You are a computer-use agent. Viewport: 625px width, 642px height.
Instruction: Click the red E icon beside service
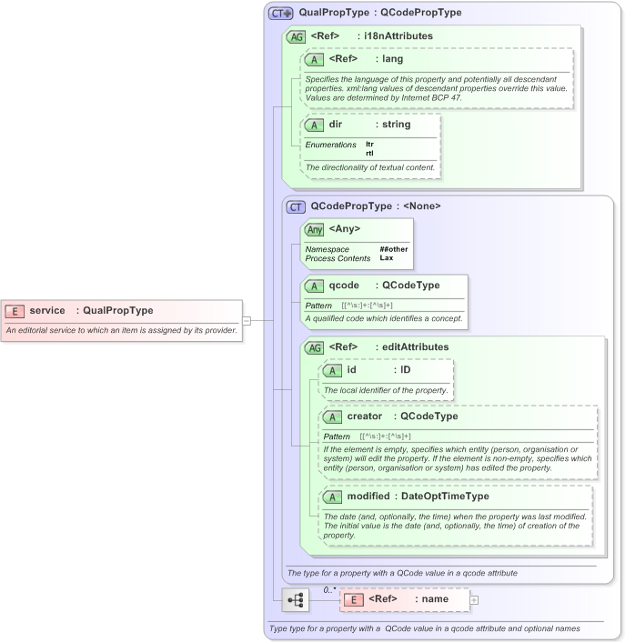15,311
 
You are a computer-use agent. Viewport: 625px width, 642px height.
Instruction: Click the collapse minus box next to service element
246,320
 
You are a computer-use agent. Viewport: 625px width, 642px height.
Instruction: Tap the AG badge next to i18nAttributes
296,37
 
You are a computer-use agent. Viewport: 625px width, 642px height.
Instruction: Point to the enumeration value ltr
369,144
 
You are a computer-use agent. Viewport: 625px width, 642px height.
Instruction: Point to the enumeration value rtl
369,153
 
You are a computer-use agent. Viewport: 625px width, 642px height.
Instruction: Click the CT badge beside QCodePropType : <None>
296,206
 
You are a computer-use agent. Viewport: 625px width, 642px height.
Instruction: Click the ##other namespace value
392,248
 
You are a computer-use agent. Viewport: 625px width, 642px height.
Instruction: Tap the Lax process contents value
386,258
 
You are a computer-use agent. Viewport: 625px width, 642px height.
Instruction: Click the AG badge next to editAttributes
314,347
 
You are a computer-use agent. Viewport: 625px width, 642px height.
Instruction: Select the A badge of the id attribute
333,370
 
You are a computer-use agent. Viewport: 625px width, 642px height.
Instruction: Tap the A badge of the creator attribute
333,416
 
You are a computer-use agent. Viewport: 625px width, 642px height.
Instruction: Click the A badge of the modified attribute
333,497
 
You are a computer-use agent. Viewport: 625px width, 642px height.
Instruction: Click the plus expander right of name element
474,600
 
